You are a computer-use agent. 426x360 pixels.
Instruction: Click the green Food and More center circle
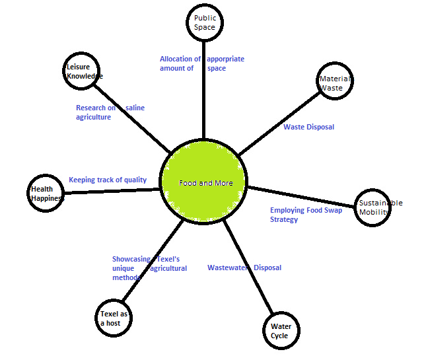[x=205, y=182]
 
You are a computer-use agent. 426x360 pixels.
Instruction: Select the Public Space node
[x=204, y=23]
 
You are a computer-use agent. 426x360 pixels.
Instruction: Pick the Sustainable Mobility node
[x=374, y=208]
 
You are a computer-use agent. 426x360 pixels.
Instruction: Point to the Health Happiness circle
[x=46, y=193]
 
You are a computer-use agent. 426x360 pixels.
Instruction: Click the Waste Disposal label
[x=308, y=127]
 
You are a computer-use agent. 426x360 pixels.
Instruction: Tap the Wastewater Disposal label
[x=244, y=268]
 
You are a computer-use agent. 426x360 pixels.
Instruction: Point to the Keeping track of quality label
[x=108, y=180]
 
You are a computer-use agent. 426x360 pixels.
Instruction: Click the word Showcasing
[x=131, y=260]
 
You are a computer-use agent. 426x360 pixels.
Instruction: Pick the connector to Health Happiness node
[x=112, y=192]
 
